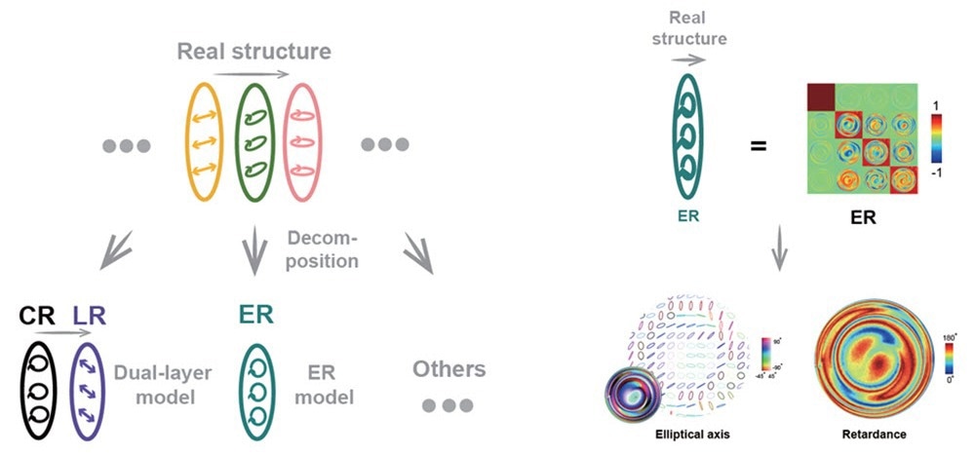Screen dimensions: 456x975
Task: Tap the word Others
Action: (x=448, y=368)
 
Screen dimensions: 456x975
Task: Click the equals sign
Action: (x=758, y=146)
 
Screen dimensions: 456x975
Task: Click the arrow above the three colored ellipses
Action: (x=252, y=74)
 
